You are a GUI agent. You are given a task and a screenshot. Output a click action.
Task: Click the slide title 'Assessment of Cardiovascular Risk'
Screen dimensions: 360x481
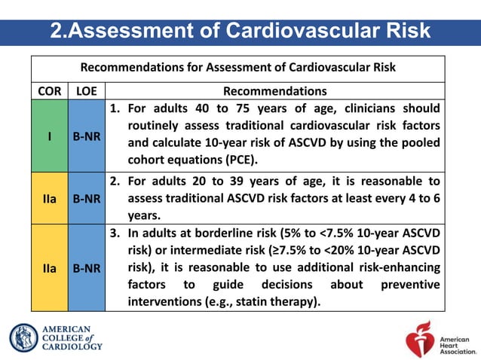[x=240, y=31]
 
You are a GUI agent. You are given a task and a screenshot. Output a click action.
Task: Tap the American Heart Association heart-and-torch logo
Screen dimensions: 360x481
[x=419, y=337]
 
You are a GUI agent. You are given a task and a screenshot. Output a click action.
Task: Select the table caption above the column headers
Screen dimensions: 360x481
[x=238, y=67]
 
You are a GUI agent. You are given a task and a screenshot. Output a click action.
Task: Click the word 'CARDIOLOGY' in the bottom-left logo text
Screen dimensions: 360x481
[x=72, y=347]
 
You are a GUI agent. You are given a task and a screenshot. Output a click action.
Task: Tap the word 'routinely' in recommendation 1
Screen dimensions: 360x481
[x=157, y=124]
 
